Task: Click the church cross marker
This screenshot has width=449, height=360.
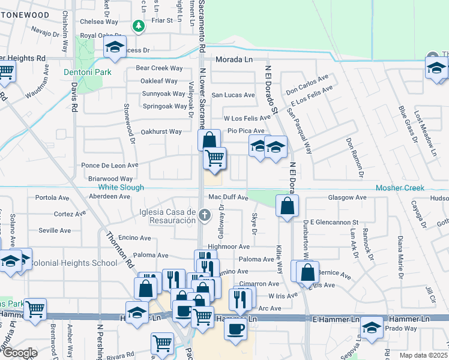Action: point(205,215)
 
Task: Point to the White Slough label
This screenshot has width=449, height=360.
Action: point(121,188)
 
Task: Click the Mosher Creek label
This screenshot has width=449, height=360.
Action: point(400,188)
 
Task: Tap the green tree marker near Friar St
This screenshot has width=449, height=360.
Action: point(139,26)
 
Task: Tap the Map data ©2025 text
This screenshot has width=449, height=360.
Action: point(423,355)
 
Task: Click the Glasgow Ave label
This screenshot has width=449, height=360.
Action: point(347,197)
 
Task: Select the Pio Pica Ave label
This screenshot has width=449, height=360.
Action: point(245,131)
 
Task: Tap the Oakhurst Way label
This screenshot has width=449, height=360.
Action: point(161,131)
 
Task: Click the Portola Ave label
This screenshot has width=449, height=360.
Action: point(53,197)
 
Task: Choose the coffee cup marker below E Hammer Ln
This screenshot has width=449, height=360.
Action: point(235,329)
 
